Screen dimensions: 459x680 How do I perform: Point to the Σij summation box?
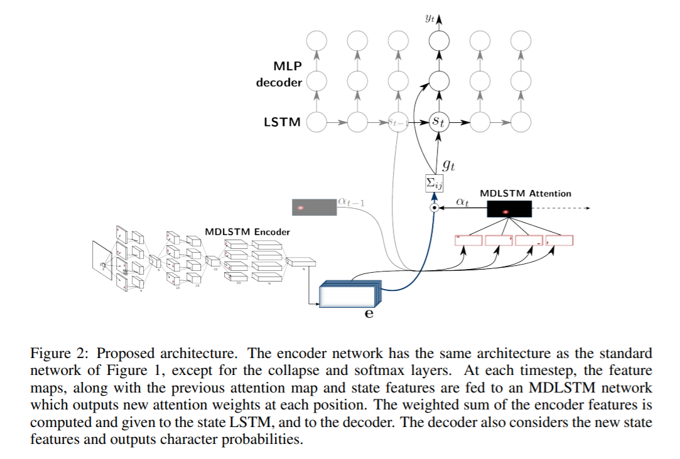point(434,183)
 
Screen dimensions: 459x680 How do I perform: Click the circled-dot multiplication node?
point(433,208)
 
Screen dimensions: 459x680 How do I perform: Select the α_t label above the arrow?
point(462,202)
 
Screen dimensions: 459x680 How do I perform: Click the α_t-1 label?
point(350,202)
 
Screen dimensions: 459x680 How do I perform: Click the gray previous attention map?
point(314,208)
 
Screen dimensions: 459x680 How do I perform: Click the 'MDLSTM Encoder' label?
point(247,232)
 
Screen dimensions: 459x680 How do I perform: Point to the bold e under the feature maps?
point(369,314)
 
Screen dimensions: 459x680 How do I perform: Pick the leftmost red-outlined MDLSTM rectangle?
point(468,240)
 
